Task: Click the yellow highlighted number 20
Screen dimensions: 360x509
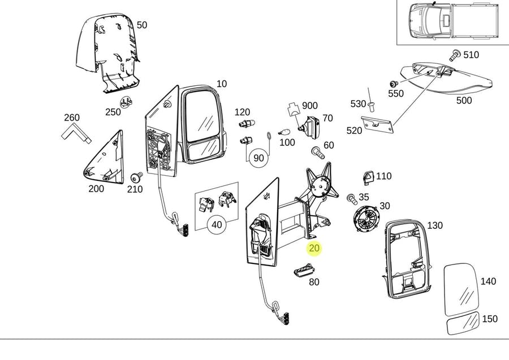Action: click(x=314, y=248)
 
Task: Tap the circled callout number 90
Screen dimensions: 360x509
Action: click(x=258, y=158)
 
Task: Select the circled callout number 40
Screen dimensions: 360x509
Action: click(x=217, y=224)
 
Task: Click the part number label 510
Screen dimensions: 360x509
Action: click(x=471, y=55)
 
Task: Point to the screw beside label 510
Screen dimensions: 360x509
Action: click(x=454, y=55)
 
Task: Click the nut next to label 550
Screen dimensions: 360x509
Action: click(x=394, y=85)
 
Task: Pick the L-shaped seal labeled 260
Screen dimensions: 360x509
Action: click(x=75, y=133)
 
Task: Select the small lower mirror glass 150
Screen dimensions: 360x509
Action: click(x=463, y=324)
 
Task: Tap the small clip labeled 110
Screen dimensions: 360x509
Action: click(x=368, y=177)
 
